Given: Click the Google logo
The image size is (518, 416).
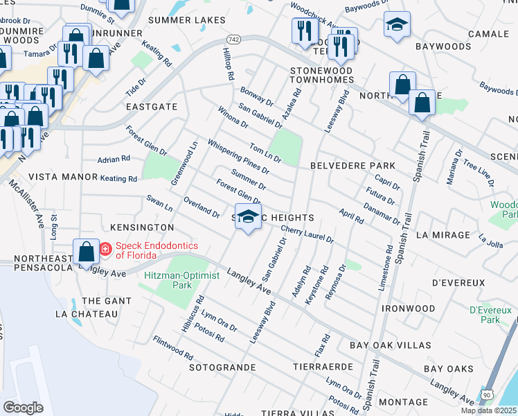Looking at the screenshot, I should pyautogui.click(x=23, y=407).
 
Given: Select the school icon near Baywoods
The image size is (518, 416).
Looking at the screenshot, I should pyautogui.click(x=397, y=24).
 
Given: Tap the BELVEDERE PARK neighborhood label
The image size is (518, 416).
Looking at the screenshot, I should pyautogui.click(x=352, y=166).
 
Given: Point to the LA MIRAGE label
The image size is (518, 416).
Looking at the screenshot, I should pyautogui.click(x=443, y=235).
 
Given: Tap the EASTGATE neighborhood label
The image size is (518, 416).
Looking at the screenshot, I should pyautogui.click(x=152, y=107).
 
